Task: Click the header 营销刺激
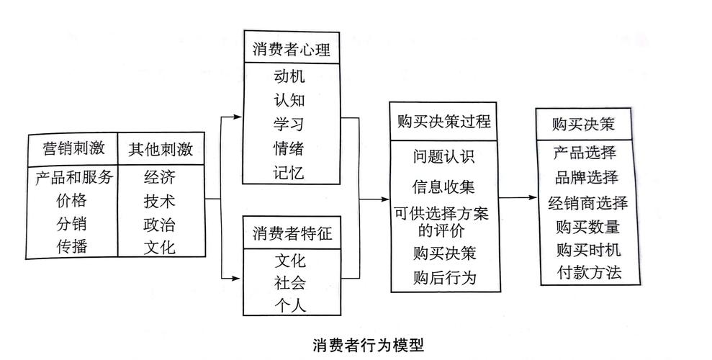[73, 149]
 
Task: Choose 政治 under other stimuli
[159, 223]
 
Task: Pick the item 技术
[159, 200]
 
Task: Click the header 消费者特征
[291, 233]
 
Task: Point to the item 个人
[290, 305]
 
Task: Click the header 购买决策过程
[444, 121]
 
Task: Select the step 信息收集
[443, 187]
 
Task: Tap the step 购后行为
[444, 276]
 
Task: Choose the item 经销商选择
[587, 202]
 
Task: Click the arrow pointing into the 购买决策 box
[531, 197]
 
